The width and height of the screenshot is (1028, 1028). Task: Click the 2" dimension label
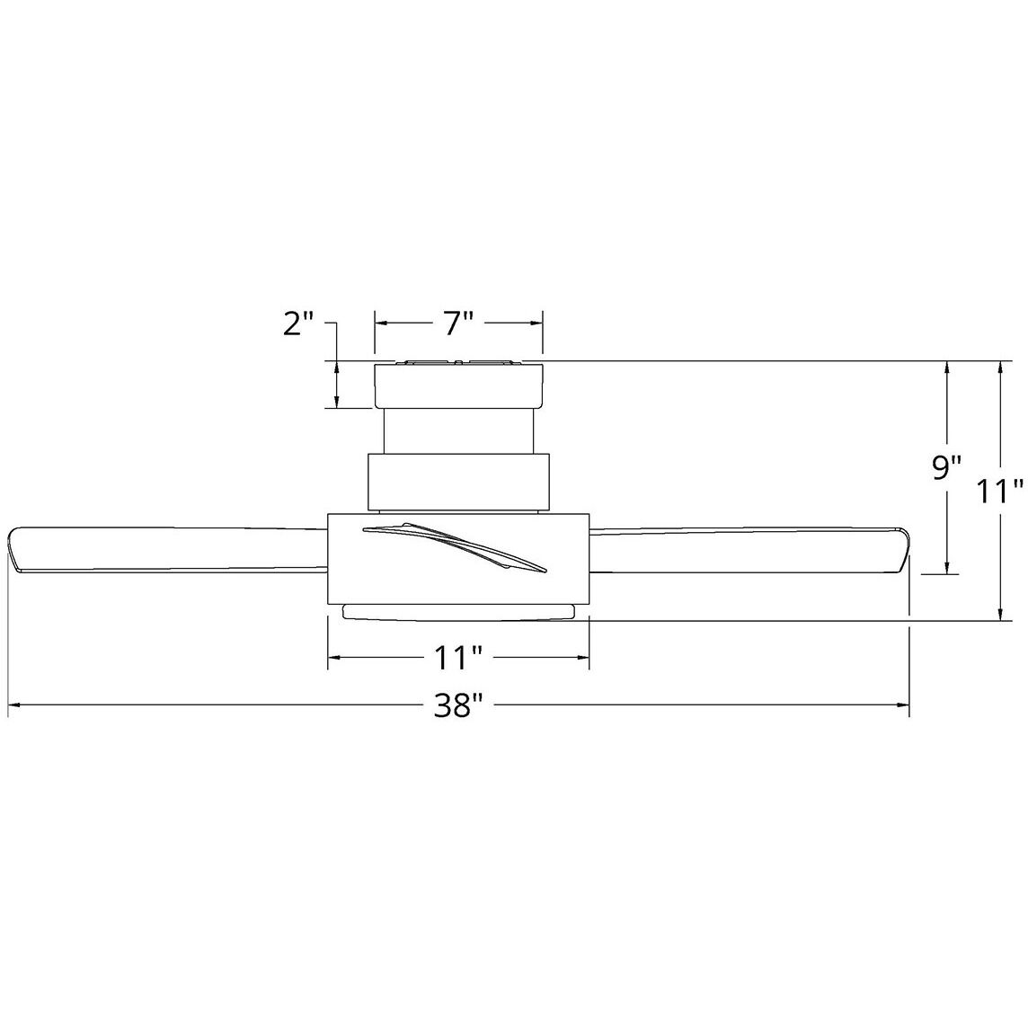tap(298, 323)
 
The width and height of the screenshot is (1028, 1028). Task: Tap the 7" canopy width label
tap(457, 323)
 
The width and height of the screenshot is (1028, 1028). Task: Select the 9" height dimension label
tap(946, 468)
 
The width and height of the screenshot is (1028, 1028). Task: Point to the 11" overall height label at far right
tap(1001, 492)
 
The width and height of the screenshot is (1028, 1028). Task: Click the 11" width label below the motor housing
tap(458, 660)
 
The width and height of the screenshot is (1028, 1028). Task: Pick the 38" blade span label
tap(458, 706)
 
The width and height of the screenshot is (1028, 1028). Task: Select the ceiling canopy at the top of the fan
tap(458, 385)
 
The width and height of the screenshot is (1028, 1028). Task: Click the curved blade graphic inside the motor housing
tap(454, 545)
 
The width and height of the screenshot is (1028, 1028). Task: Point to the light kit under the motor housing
tap(458, 612)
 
